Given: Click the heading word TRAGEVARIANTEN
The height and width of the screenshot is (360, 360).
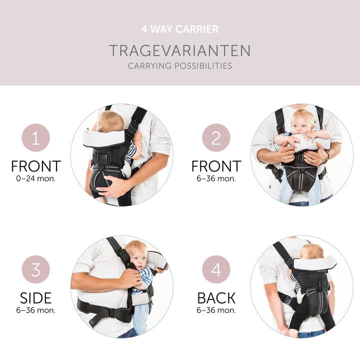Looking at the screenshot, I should coord(180,50).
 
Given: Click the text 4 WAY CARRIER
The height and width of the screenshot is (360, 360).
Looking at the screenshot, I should coord(180,29).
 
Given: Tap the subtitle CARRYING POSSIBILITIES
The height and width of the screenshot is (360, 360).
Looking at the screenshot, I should coord(180,66).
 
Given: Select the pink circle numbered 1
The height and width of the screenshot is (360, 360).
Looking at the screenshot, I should coord(36,137).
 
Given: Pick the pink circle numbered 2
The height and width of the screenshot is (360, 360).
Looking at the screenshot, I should coord(216,137).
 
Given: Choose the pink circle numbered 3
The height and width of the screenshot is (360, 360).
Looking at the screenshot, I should coord(36,270).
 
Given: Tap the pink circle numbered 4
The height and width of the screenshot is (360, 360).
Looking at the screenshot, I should coord(216,270).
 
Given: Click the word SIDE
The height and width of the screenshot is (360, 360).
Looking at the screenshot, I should coord(36,298).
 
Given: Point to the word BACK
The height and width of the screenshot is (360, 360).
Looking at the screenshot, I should coord(216,298).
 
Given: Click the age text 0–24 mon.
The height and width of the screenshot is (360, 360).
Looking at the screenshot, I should coord(36,178).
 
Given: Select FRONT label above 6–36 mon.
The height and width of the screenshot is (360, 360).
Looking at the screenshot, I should coord(216,166).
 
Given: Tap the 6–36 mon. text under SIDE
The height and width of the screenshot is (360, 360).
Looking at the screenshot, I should coord(36,310).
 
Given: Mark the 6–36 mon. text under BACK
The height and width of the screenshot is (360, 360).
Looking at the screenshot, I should coord(216,310).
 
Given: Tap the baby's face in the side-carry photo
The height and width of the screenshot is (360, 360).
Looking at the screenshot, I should coord(137,255).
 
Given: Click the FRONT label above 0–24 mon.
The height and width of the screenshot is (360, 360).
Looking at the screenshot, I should coord(36,166).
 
